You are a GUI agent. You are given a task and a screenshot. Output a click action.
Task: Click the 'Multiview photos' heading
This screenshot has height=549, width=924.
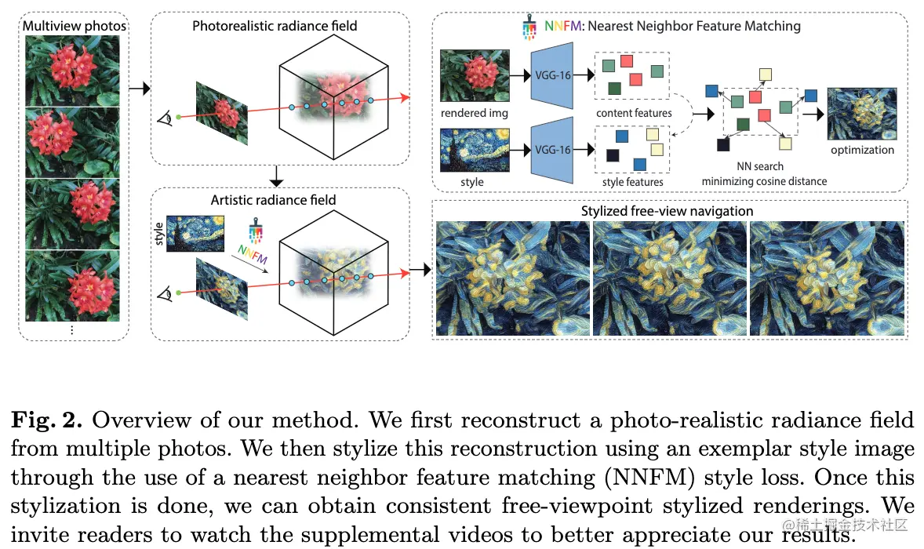click(75, 26)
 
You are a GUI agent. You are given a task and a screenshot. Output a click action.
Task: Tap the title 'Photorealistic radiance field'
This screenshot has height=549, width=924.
click(275, 26)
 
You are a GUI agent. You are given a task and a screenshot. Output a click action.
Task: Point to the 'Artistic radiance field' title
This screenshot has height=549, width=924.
click(273, 200)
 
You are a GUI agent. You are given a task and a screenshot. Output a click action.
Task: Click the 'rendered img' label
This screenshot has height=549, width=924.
click(474, 113)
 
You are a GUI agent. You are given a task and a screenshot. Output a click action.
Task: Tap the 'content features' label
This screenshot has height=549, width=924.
click(634, 113)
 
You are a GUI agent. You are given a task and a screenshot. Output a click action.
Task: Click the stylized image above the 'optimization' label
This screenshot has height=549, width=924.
click(862, 113)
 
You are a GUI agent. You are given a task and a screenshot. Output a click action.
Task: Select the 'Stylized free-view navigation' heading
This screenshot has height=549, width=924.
click(667, 211)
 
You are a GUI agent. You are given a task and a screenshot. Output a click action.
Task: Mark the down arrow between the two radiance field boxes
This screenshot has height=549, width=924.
click(275, 176)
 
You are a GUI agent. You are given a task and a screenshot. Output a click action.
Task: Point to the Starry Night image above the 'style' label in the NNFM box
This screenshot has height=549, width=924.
click(475, 150)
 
